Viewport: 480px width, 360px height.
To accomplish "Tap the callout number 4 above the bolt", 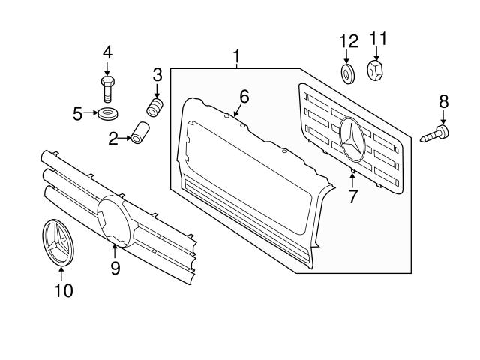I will pos(106,53).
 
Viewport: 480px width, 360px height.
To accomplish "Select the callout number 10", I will pos(63,290).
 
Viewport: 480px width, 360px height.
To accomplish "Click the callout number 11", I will pos(377,38).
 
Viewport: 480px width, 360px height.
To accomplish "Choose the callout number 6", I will pos(244,96).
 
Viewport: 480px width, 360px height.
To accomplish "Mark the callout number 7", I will pos(352,196).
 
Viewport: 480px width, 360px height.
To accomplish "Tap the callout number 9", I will pos(115,267).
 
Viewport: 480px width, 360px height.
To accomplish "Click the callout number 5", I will pos(78,114).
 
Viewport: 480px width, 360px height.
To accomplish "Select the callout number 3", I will pos(157,73).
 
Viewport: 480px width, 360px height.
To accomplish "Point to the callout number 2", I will pos(114,139).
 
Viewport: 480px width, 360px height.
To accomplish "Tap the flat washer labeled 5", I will pos(106,114).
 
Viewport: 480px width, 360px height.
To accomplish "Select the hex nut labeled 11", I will pos(377,71).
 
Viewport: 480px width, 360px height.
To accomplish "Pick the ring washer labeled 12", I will pos(347,73).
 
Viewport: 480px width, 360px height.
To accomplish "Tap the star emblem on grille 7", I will pos(352,141).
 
